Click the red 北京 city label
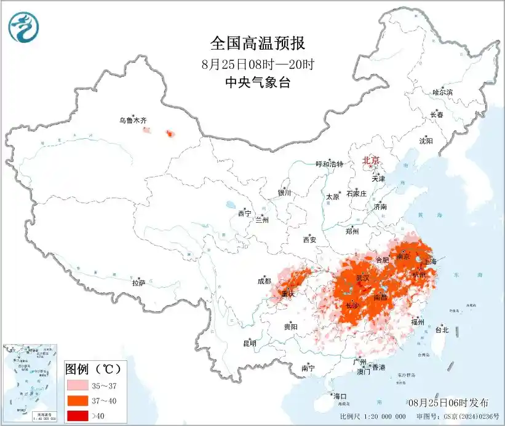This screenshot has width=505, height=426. coord(372,160)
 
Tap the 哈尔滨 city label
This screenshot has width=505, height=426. coord(442,92)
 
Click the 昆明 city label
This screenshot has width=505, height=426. coord(250,343)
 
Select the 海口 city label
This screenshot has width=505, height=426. coord(340,395)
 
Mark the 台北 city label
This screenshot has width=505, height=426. coord(442,330)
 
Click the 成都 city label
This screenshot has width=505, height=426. coord(263,282)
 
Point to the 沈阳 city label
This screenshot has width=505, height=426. coord(426,141)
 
